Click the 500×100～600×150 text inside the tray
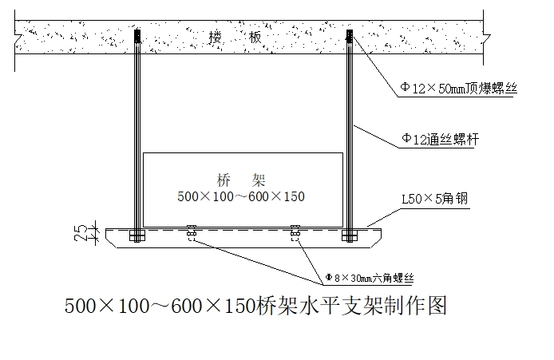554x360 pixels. [242, 196]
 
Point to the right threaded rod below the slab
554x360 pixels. [350, 136]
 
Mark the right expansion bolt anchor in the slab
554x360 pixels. [350, 37]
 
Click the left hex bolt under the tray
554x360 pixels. [192, 232]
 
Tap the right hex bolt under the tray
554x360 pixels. [295, 232]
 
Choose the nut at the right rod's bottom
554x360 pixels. [349, 235]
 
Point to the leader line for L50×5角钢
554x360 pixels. [391, 216]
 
